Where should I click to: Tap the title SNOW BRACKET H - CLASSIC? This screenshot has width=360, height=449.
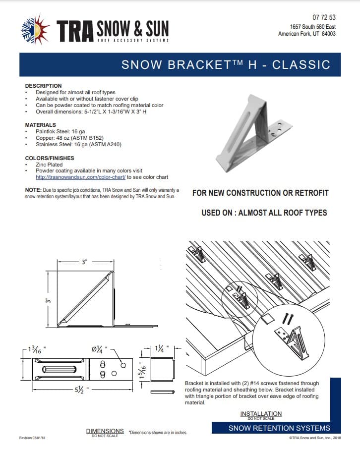[x=226, y=64]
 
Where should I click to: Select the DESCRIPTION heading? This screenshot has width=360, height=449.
[x=43, y=86]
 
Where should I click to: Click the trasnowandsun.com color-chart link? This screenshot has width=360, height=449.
[x=81, y=177]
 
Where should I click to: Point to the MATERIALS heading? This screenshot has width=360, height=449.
[x=41, y=125]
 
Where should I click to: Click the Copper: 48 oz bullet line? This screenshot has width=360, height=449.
[x=69, y=138]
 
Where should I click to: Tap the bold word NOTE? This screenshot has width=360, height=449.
[x=33, y=190]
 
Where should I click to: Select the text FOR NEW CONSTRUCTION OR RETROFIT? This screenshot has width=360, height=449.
[x=260, y=193]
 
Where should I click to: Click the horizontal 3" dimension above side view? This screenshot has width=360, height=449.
[x=84, y=263]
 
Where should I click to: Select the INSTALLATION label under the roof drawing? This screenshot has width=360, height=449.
[x=261, y=414]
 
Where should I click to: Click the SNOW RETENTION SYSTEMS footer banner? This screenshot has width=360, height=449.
[x=279, y=428]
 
